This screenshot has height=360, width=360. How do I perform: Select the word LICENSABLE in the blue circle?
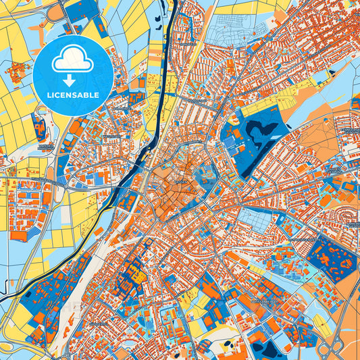point(73,95)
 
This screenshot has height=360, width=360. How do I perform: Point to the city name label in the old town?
point(181,180)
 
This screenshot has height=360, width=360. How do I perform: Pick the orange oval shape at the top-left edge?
point(56,11)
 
